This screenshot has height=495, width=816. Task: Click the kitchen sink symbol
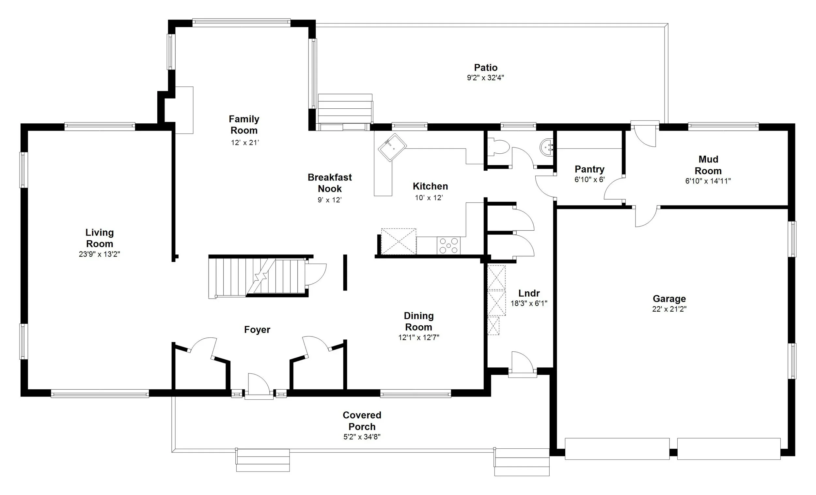[392, 148]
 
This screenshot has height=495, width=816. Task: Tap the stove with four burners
[448, 246]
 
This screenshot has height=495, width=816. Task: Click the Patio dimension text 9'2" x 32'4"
[485, 78]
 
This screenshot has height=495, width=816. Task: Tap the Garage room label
[669, 299]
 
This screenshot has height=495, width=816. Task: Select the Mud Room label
[708, 165]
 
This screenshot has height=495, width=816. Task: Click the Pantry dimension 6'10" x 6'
[589, 180]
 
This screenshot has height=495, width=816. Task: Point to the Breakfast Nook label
[330, 183]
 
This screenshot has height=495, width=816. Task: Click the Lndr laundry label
[529, 293]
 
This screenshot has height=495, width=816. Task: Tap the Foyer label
[257, 330]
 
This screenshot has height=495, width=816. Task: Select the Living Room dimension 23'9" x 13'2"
[99, 254]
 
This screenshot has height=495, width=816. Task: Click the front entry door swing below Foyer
[259, 384]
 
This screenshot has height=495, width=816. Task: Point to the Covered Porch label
[362, 421]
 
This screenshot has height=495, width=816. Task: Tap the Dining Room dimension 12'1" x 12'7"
[418, 338]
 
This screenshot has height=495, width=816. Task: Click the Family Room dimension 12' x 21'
[244, 143]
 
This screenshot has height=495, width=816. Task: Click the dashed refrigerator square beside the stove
[399, 241]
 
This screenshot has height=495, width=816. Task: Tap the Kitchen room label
[430, 186]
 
